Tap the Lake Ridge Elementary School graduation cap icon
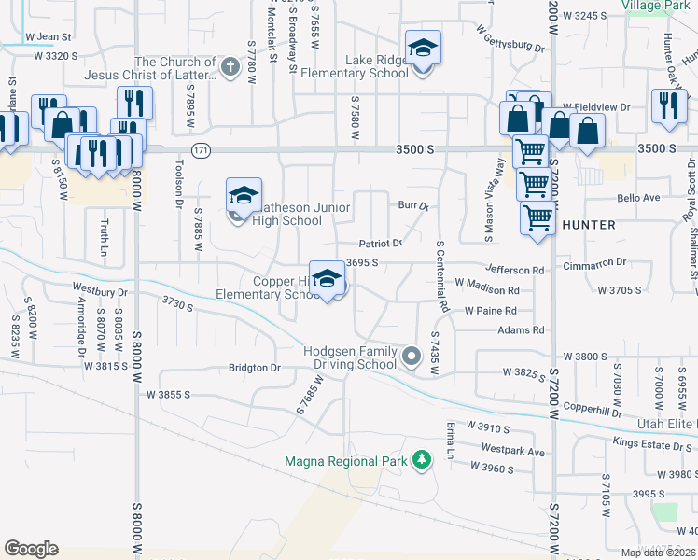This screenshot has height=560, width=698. (423, 49)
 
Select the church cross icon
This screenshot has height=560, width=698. (230, 66)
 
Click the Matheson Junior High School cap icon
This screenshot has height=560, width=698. (243, 196)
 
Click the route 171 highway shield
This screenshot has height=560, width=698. (202, 149)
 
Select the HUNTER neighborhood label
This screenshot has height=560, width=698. (589, 225)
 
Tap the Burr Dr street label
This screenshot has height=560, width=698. (412, 205)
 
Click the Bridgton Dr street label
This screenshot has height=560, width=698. (255, 368)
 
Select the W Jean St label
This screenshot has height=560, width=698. (49, 36)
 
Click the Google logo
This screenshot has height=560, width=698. (31, 549)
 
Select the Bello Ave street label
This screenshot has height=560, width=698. (639, 198)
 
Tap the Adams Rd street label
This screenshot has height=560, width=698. (521, 330)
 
